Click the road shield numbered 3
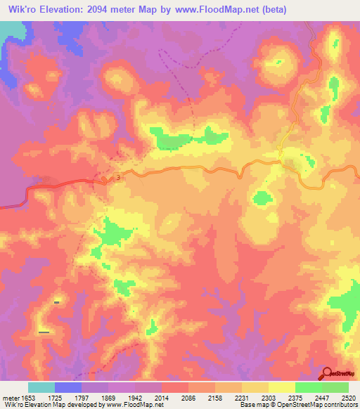(118, 178)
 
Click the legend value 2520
(349, 397)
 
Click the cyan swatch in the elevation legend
(41, 387)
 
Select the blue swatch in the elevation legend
(68, 387)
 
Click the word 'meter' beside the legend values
(11, 397)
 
